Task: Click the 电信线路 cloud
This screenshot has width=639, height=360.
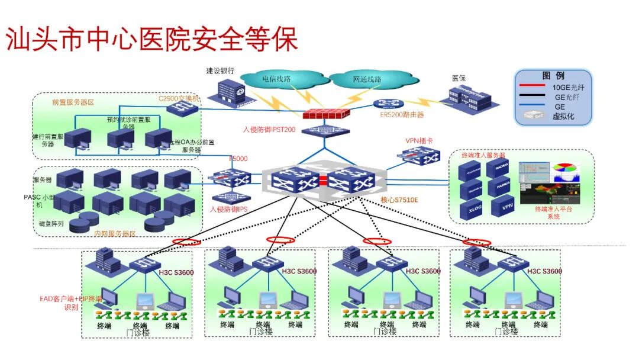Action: pyautogui.click(x=277, y=79)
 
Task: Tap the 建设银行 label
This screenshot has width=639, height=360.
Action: pyautogui.click(x=220, y=70)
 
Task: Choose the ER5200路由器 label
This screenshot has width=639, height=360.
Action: pyautogui.click(x=402, y=115)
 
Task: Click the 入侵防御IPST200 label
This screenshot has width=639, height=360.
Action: pyautogui.click(x=269, y=128)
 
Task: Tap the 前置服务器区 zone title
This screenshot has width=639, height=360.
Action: pyautogui.click(x=73, y=102)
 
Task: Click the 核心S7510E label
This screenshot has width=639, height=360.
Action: pyautogui.click(x=399, y=200)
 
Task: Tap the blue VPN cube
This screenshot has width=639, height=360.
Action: pyautogui.click(x=506, y=207)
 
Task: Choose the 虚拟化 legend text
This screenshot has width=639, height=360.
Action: pyautogui.click(x=563, y=117)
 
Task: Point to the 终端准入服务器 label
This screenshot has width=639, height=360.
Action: pyautogui.click(x=485, y=155)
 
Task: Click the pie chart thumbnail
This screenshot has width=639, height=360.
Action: pyautogui.click(x=564, y=172)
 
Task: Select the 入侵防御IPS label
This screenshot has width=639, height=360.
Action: pyautogui.click(x=228, y=209)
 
